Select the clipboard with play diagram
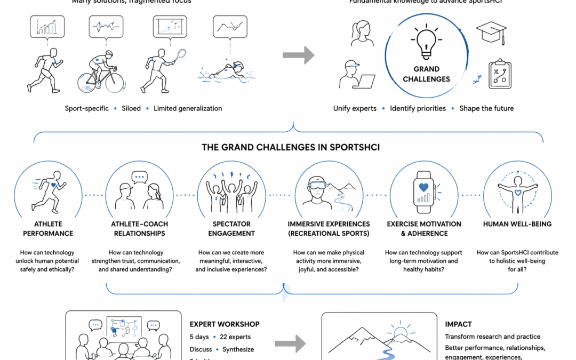pyautogui.click(x=500, y=74)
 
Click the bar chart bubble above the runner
pyautogui.click(x=47, y=26)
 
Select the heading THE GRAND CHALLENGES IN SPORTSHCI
pyautogui.click(x=291, y=147)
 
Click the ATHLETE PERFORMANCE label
pyautogui.click(x=48, y=229)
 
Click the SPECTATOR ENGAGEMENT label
pyautogui.click(x=231, y=229)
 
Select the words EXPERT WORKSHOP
pyautogui.click(x=225, y=324)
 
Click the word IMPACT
pyautogui.click(x=458, y=324)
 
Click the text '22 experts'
pyautogui.click(x=235, y=337)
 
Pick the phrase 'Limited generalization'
pyautogui.click(x=188, y=108)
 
